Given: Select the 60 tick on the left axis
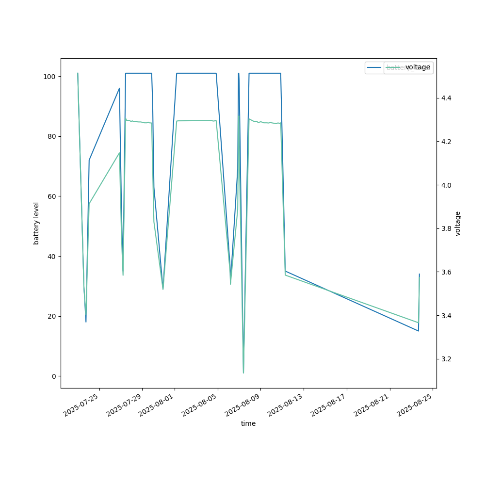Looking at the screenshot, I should coord(50,196).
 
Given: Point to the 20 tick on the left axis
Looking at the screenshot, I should coord(50,316).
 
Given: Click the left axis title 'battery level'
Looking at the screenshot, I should coord(36,223).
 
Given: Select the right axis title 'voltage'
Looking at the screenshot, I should coord(458,223).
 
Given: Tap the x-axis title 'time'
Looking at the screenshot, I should coord(248,423).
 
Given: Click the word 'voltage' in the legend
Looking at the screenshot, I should coord(418,67).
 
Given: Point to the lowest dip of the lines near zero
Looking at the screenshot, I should coord(243,372).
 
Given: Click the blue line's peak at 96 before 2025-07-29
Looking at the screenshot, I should coord(119,88).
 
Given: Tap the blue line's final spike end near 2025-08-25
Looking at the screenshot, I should coord(419,274).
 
